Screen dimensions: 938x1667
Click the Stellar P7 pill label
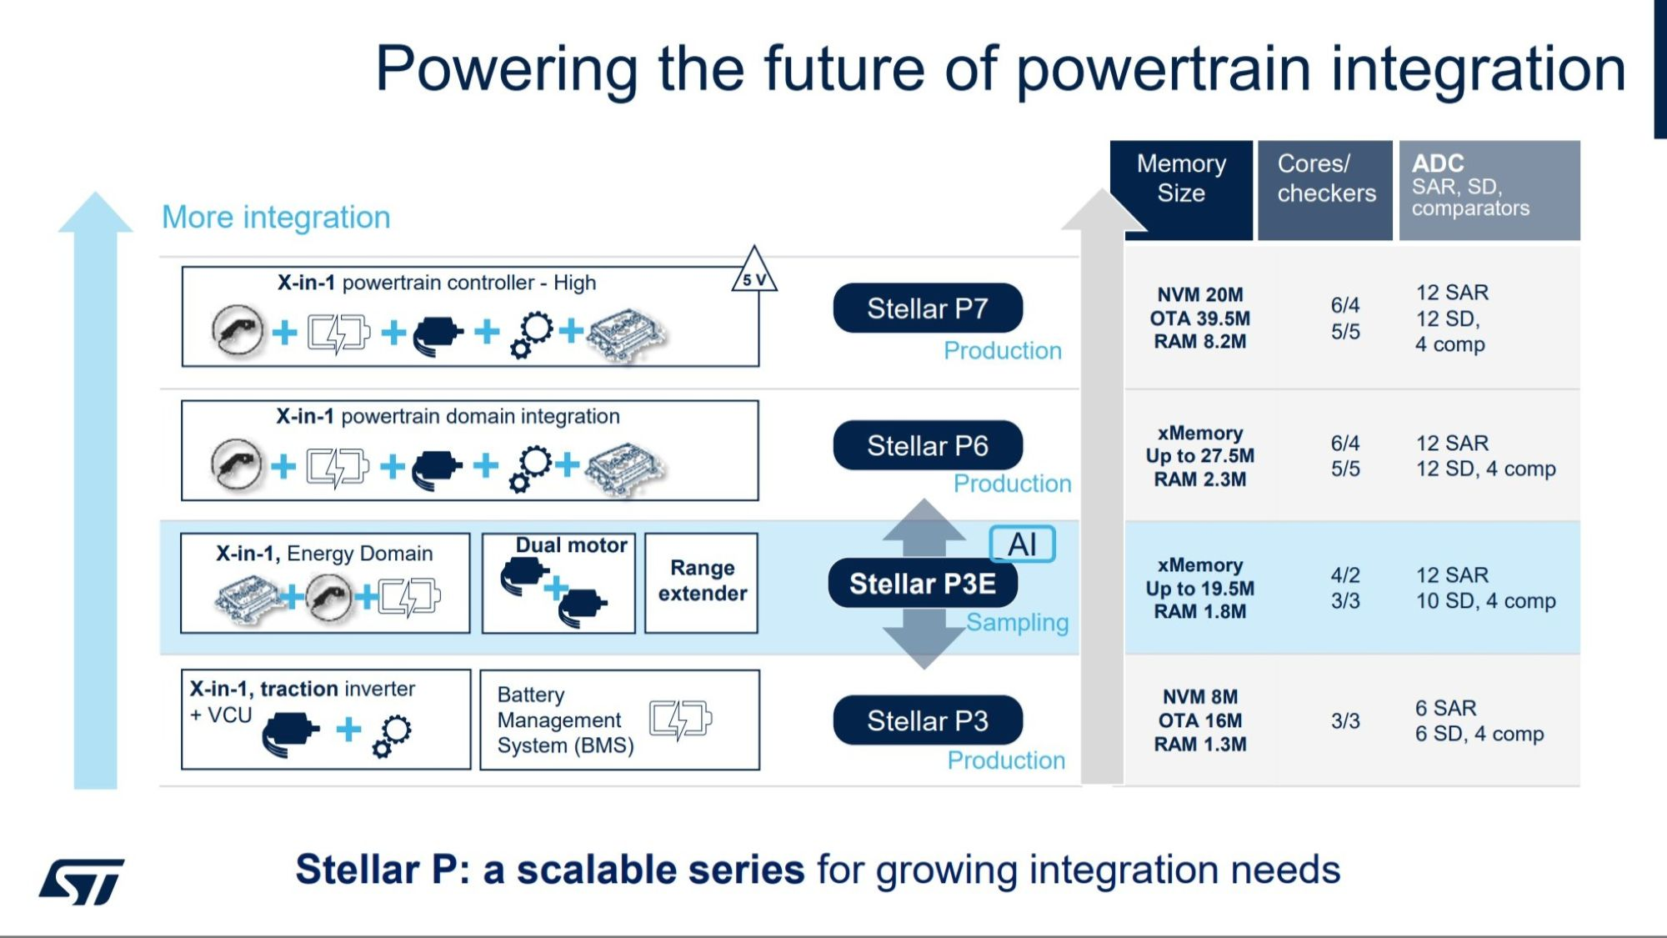click(927, 308)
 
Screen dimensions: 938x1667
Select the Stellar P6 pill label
click(927, 446)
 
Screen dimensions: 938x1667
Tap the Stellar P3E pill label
click(922, 584)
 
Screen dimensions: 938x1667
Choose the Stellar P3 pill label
click(927, 720)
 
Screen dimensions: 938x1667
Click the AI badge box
click(1022, 545)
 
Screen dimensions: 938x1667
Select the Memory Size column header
click(1181, 178)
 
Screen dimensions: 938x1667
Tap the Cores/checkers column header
click(1325, 178)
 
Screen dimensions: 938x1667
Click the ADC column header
click(1489, 185)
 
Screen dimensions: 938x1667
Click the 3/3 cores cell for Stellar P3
click(1345, 721)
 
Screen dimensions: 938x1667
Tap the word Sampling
click(1017, 623)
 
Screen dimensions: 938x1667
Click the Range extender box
click(702, 582)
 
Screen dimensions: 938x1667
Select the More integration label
click(276, 218)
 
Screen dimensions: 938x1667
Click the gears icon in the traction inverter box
click(392, 735)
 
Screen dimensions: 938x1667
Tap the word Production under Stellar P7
click(1003, 351)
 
